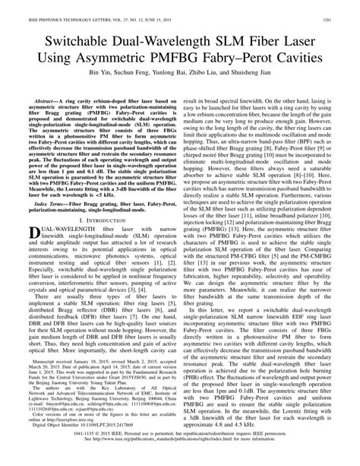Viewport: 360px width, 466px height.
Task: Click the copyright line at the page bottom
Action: pyautogui.click(x=180, y=453)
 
